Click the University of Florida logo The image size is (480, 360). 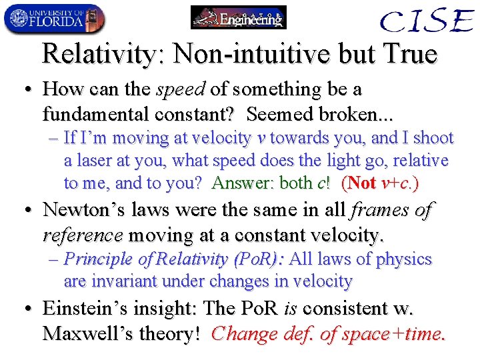(x=54, y=19)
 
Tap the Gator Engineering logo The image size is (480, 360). (x=238, y=17)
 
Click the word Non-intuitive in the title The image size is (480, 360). (x=239, y=54)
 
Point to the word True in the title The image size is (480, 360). (x=408, y=54)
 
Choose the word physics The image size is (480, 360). (x=404, y=259)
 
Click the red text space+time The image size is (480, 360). (x=397, y=333)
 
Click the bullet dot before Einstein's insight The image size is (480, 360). (x=28, y=309)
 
